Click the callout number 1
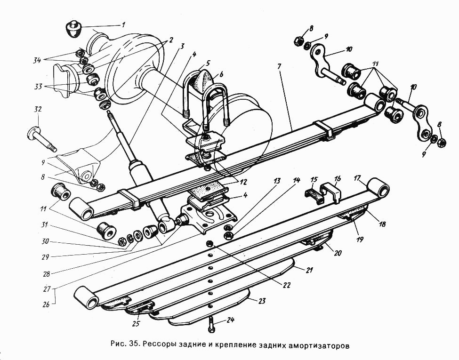click(x=123, y=24)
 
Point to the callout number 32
click(x=37, y=109)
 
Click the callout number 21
click(x=309, y=270)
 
